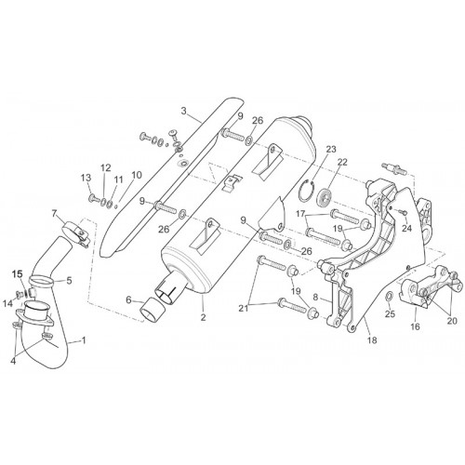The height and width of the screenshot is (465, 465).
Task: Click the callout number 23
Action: [x=331, y=150]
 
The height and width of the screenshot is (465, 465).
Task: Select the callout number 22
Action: [x=342, y=162]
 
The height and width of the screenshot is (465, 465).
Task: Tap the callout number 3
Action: [x=184, y=111]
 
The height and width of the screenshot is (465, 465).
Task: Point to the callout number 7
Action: [x=55, y=213]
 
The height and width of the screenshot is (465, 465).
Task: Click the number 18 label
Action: [x=372, y=340]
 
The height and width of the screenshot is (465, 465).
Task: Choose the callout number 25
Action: [x=390, y=314]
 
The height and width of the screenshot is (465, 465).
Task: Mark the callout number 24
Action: [x=406, y=229]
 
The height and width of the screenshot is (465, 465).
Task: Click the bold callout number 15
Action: [x=18, y=273]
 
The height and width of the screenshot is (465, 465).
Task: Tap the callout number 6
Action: [x=129, y=299]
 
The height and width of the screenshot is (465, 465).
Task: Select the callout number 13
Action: [x=86, y=178]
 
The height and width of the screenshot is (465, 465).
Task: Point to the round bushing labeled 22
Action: [x=325, y=198]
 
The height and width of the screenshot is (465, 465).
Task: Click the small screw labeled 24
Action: [x=403, y=212]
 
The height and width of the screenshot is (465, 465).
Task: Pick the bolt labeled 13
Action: [x=94, y=197]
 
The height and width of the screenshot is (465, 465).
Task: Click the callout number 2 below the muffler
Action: [x=203, y=317]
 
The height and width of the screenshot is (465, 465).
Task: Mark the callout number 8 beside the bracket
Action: [x=315, y=297]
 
